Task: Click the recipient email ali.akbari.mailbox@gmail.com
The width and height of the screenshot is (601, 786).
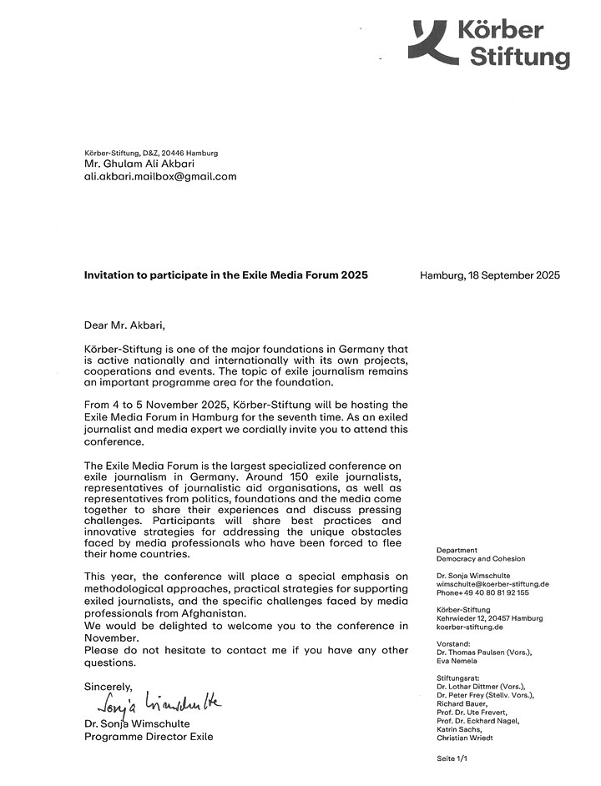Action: coord(161,177)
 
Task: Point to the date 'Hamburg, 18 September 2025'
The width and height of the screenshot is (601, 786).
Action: coord(490,275)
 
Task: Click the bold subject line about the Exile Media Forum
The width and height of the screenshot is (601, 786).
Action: coord(226,275)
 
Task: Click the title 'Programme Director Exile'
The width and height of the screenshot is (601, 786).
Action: coord(149,737)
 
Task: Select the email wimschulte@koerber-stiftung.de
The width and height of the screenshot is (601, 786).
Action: coord(492,585)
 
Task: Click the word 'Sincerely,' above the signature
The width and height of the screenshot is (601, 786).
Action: coord(109,687)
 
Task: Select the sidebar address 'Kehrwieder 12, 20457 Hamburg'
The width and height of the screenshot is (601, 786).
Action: coord(489,618)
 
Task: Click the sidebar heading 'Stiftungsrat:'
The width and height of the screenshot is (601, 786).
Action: coord(458,678)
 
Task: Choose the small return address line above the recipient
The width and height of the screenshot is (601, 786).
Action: coord(151,153)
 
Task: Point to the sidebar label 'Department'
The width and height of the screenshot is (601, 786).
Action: coord(457,551)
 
